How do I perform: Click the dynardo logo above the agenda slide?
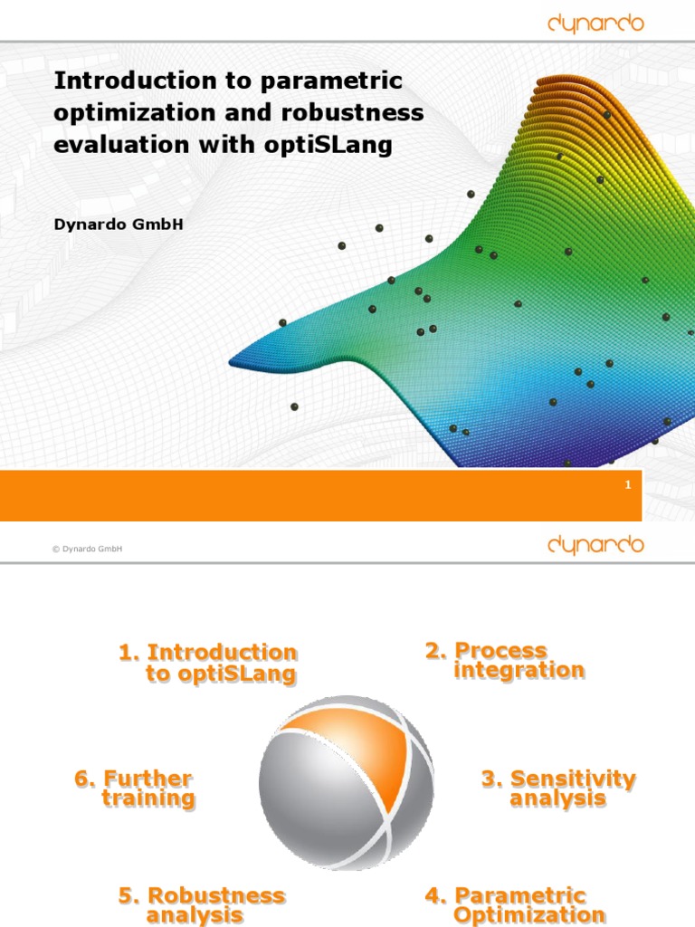click(x=595, y=544)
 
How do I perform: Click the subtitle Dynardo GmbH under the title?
click(x=119, y=224)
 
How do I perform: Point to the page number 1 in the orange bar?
click(x=627, y=486)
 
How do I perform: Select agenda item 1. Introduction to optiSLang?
click(x=209, y=663)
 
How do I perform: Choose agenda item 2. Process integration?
click(x=506, y=660)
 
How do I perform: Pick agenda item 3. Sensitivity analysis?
click(x=558, y=788)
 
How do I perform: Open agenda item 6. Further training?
click(x=136, y=788)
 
